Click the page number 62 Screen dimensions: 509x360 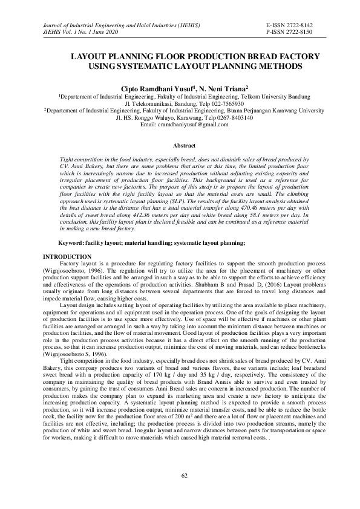click(185, 476)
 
